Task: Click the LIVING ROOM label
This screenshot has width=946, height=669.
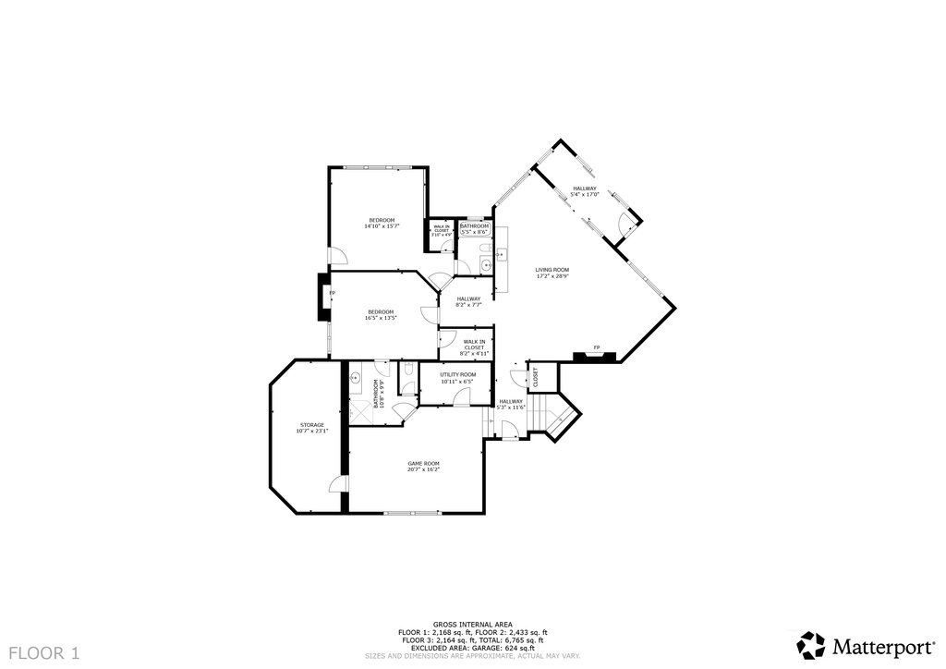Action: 552,269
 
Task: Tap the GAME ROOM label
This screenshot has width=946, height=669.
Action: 424,463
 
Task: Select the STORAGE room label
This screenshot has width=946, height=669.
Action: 311,425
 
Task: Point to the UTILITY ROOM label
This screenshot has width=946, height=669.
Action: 457,374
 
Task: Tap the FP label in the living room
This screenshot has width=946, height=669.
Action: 597,347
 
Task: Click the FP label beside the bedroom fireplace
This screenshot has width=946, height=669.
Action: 333,293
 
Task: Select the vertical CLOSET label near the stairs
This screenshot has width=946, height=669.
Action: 535,377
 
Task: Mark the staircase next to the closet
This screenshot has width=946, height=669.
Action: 558,418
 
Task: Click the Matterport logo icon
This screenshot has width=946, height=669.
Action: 811,645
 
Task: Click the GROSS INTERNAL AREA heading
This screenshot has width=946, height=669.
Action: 472,625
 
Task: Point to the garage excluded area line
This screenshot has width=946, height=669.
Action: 472,647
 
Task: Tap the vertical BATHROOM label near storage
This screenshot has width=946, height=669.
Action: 376,394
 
